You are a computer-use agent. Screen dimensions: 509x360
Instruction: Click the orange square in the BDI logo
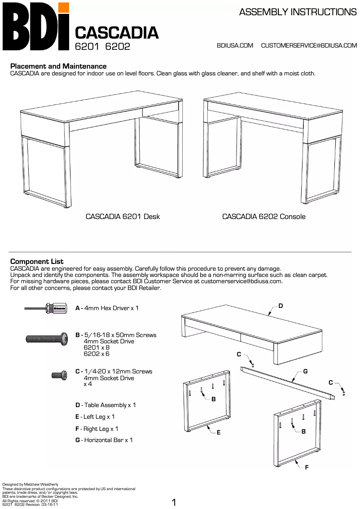64,8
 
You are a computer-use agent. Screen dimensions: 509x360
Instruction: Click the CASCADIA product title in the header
117,33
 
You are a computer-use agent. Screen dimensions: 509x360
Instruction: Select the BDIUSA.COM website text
235,45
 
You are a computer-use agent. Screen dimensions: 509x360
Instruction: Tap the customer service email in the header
309,45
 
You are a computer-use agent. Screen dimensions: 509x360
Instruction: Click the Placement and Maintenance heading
58,66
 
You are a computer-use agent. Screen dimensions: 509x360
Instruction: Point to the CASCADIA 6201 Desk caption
123,216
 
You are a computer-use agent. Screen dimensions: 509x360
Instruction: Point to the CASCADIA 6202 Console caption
264,216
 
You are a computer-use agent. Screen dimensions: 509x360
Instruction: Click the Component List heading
37,261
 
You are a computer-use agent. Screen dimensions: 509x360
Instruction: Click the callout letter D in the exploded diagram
281,306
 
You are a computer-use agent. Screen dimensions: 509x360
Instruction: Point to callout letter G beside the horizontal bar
305,371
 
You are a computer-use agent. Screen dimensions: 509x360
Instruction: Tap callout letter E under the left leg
218,432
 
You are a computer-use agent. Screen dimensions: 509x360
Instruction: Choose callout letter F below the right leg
307,467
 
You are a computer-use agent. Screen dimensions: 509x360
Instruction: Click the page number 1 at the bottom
174,502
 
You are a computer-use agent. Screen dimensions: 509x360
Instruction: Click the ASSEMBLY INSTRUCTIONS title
298,12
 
